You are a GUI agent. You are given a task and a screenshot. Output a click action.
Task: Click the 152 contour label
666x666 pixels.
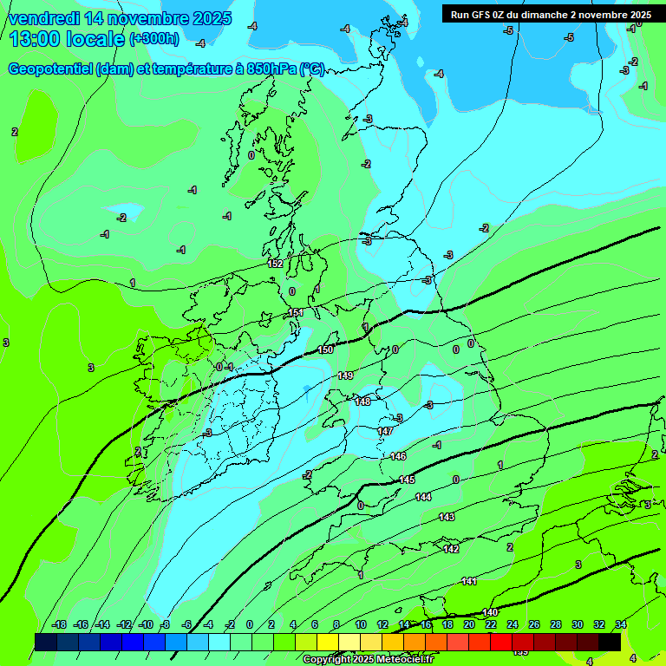[276, 264]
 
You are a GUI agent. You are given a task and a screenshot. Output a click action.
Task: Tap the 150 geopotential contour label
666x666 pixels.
[325, 349]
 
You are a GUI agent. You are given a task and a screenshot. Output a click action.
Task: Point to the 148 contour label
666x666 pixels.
[362, 402]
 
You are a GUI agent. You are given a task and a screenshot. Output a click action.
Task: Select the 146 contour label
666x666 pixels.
[398, 456]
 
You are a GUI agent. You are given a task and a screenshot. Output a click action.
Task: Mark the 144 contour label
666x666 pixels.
[423, 497]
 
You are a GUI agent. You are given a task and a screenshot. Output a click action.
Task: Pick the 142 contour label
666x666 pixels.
[451, 549]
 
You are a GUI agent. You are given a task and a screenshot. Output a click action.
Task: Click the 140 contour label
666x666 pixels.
[490, 612]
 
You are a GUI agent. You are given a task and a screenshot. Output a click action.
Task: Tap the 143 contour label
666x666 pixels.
[446, 517]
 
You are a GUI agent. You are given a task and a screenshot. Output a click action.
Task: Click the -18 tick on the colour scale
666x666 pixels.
[59, 624]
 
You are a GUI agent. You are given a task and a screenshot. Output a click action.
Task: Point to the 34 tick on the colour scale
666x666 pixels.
[621, 624]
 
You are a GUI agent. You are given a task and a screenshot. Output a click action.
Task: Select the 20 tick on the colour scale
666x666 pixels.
[468, 624]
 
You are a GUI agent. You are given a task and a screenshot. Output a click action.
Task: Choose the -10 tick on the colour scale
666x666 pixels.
[146, 624]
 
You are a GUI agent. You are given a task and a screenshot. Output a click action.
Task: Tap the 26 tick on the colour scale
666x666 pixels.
[534, 624]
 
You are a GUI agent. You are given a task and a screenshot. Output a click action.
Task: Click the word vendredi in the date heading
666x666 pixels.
[49, 17]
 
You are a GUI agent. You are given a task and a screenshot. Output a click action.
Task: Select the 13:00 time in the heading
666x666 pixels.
[34, 38]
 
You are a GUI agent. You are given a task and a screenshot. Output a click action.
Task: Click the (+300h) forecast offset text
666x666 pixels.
[153, 38]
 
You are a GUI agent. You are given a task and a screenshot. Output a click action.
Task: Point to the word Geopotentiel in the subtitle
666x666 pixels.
[49, 69]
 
